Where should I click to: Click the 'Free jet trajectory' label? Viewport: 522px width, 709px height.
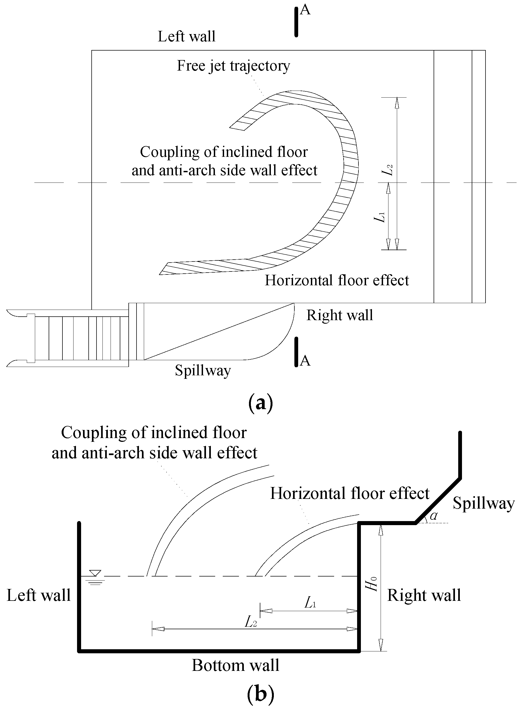click(233, 66)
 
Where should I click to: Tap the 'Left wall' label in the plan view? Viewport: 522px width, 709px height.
click(187, 36)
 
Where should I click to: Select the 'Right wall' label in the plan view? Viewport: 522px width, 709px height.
click(340, 315)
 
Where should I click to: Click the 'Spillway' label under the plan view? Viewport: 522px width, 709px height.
click(203, 370)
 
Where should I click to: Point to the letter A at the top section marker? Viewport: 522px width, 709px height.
click(305, 10)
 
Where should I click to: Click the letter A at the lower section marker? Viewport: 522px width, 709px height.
click(305, 361)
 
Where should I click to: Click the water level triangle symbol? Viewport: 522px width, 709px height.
click(95, 573)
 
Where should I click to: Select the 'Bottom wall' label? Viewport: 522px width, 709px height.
click(235, 665)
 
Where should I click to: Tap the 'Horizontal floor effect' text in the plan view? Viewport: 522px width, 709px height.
click(337, 280)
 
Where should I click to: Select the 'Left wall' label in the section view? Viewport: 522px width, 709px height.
click(39, 595)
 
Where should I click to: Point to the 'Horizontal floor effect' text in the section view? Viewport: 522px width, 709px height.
click(350, 493)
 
